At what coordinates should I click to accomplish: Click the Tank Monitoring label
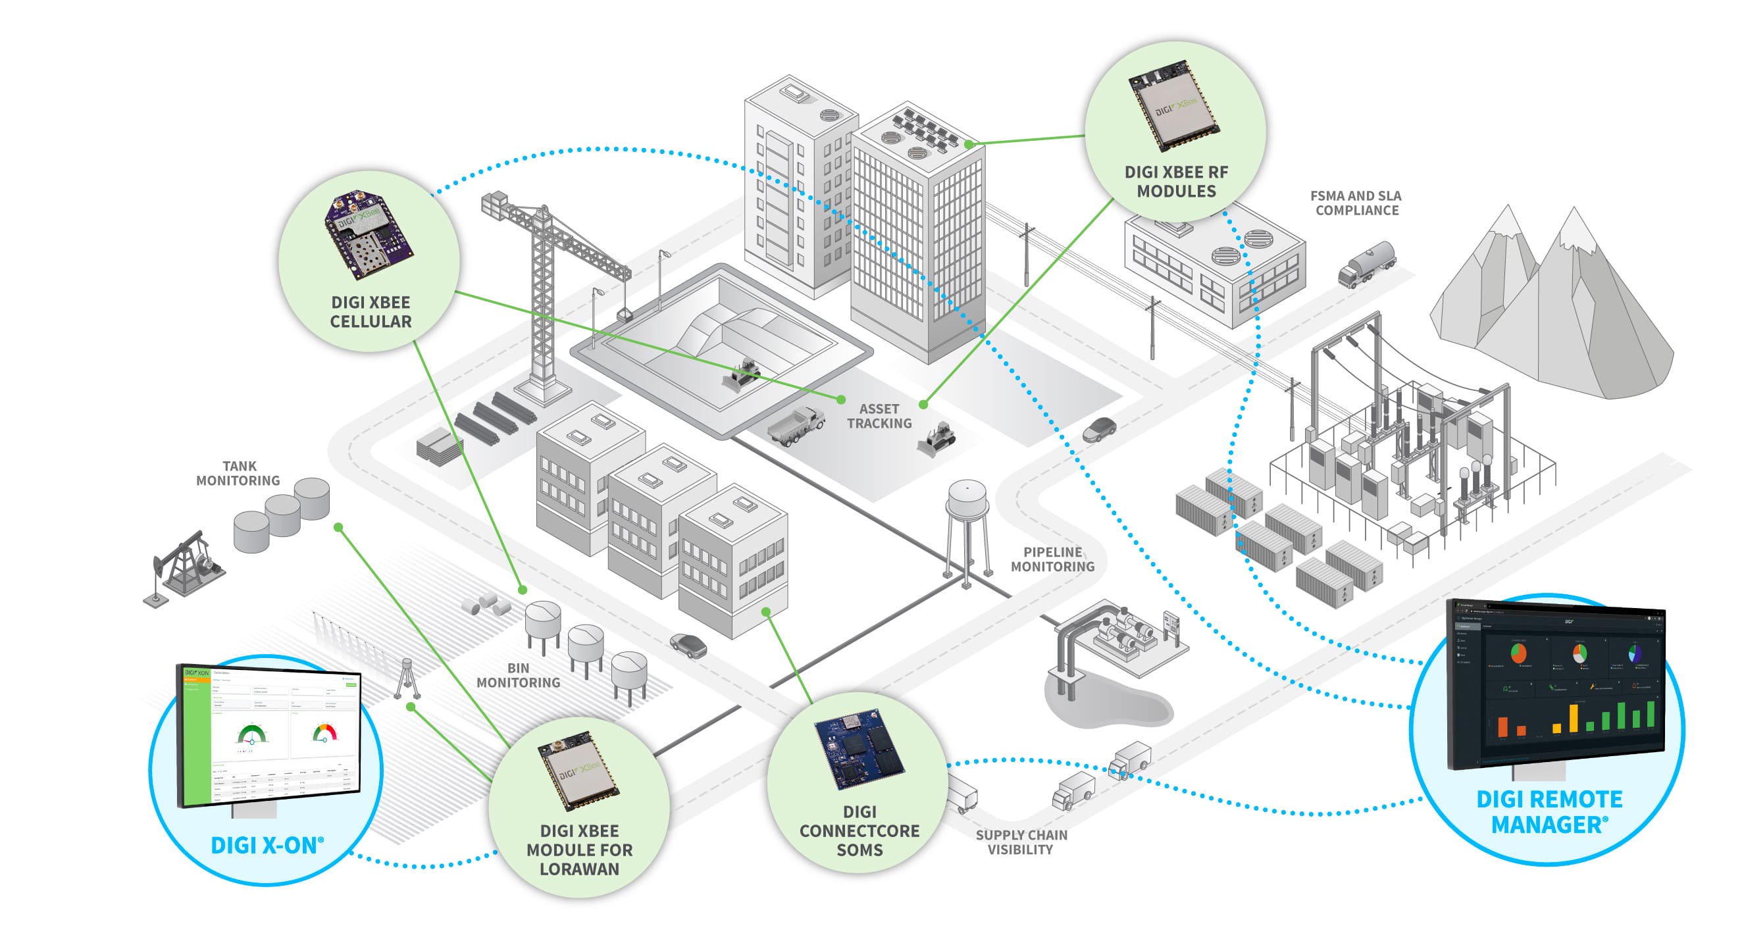238,473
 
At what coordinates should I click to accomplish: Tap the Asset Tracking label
879,416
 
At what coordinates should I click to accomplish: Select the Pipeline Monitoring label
1052,559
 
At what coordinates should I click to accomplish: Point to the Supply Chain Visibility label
1021,842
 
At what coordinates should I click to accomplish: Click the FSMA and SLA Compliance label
1356,203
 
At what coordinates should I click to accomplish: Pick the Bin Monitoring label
519,675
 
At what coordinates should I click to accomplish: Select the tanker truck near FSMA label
1366,264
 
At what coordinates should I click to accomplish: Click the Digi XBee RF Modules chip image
1174,105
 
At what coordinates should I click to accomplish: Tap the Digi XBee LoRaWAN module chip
578,771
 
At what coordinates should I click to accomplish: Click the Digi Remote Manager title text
1549,811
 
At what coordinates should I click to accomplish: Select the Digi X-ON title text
267,845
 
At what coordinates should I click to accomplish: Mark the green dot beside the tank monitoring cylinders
338,527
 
